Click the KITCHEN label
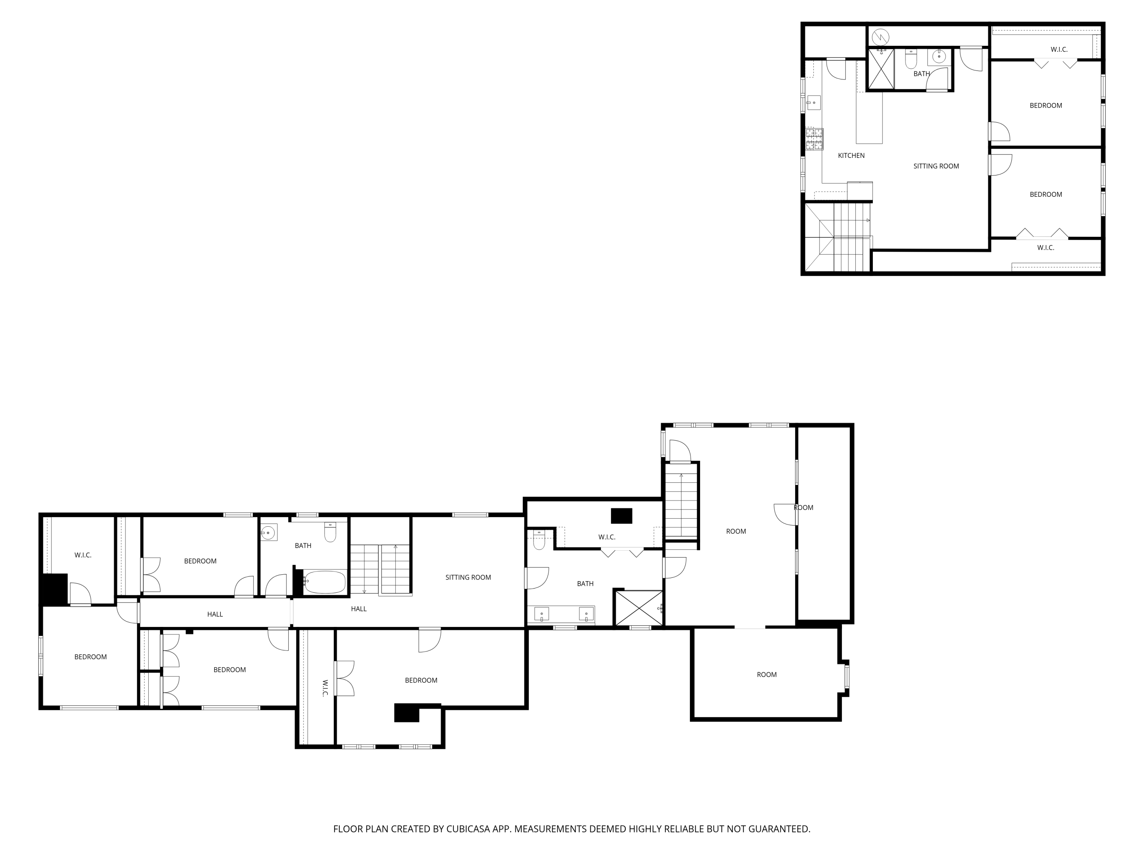coord(851,156)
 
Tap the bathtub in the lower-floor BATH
coord(324,582)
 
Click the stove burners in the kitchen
coord(813,139)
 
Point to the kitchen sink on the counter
coord(813,103)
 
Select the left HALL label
coord(215,614)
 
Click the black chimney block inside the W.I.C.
coord(621,516)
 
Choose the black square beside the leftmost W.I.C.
coord(54,589)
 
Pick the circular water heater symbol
coord(880,37)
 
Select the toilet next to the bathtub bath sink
coord(330,532)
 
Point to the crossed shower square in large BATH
coord(638,608)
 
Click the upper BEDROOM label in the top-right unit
coord(1045,106)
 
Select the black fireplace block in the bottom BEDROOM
coord(407,713)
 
